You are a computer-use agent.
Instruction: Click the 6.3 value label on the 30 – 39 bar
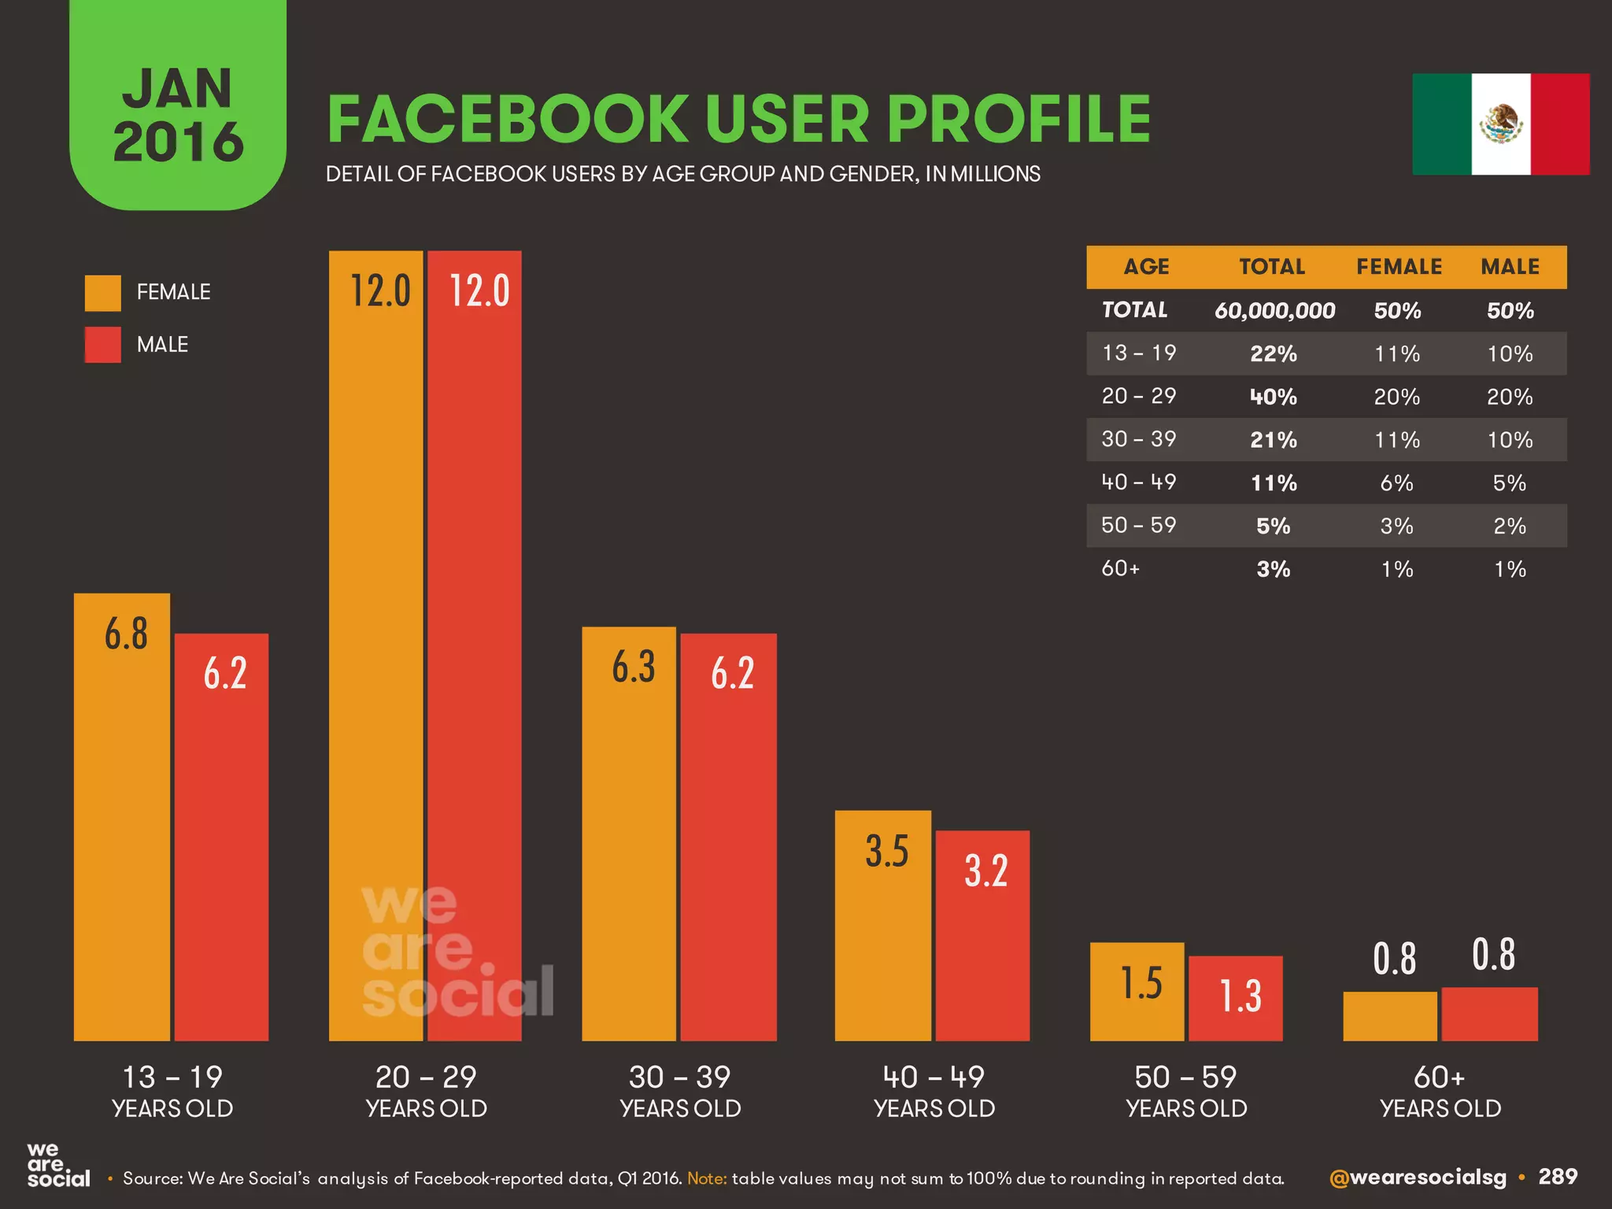coord(634,667)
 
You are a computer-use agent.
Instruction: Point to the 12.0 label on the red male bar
coord(479,290)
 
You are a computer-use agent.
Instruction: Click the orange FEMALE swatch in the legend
coord(103,293)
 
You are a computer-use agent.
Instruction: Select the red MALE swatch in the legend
coord(103,345)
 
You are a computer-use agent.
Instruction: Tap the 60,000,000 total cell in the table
coord(1274,311)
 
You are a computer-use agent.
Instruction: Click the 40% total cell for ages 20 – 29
coord(1274,397)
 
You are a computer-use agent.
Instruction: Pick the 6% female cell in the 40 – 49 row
coord(1397,482)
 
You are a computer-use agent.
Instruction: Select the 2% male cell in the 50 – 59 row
coord(1510,526)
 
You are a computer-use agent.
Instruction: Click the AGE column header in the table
coord(1146,267)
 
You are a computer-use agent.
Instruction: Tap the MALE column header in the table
coord(1510,267)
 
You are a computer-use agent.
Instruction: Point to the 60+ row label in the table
coord(1121,568)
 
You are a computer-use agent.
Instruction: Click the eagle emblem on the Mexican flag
coord(1501,124)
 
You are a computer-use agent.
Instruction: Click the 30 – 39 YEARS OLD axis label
coord(680,1091)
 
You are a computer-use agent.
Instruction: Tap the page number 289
coord(1558,1177)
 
